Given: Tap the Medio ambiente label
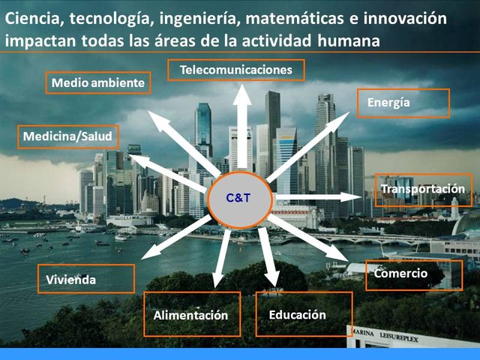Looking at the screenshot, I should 97,82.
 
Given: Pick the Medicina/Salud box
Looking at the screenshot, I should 67,137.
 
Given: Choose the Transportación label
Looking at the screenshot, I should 423,189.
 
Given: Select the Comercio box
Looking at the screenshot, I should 413,274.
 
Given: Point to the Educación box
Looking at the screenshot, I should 303,314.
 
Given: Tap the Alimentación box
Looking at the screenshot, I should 191,315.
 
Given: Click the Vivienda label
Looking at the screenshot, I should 85,279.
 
